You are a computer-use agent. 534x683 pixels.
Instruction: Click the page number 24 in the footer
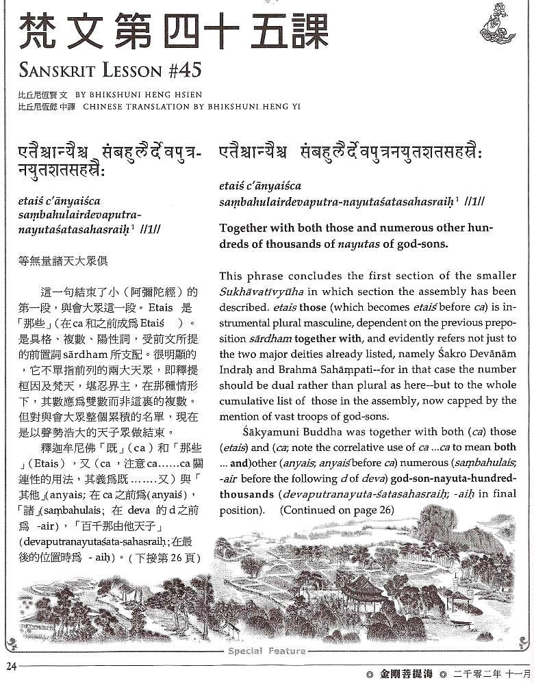point(10,666)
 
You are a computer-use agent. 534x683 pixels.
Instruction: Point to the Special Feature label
point(267,651)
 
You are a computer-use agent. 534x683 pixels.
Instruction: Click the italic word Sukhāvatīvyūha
point(256,290)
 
